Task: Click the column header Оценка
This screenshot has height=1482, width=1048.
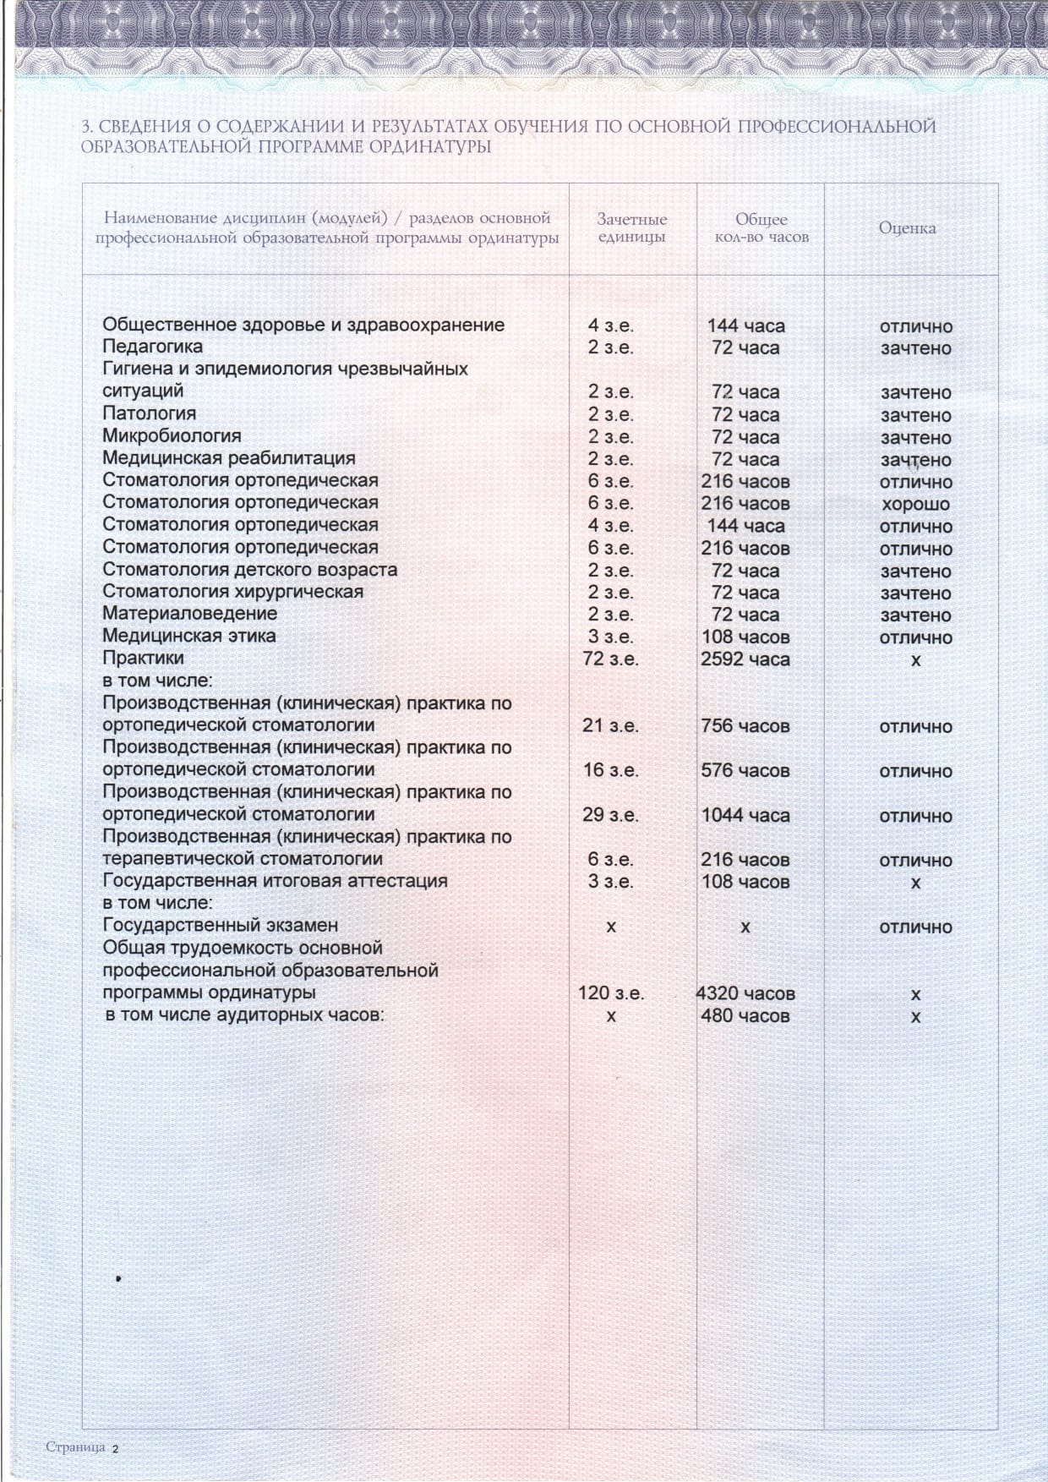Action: coord(907,228)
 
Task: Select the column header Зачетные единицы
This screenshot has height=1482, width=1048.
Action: coord(631,228)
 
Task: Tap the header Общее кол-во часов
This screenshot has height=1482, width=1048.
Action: coord(761,228)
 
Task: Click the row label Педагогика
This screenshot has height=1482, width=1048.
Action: coord(152,347)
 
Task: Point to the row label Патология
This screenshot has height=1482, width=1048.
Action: coord(149,413)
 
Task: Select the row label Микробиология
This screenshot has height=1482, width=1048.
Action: coord(172,435)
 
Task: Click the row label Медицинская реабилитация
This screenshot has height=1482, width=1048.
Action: coord(228,458)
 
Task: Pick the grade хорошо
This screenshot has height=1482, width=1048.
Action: coord(915,505)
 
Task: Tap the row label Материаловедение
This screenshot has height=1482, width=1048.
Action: coord(189,613)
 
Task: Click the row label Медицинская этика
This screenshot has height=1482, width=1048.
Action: coord(188,636)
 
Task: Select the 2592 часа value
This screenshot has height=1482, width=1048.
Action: coord(745,659)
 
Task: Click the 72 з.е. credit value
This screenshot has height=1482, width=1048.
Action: coord(610,659)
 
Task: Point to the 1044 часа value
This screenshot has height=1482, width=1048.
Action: coord(745,816)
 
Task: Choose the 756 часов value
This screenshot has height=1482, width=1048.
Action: coord(745,726)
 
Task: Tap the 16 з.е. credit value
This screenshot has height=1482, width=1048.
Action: coord(610,771)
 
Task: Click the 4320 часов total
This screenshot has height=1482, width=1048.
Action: coord(745,994)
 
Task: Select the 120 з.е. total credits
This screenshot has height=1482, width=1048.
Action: coord(610,993)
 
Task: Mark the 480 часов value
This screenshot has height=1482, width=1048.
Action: coord(745,1016)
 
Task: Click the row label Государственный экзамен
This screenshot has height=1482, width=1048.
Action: coord(220,926)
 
